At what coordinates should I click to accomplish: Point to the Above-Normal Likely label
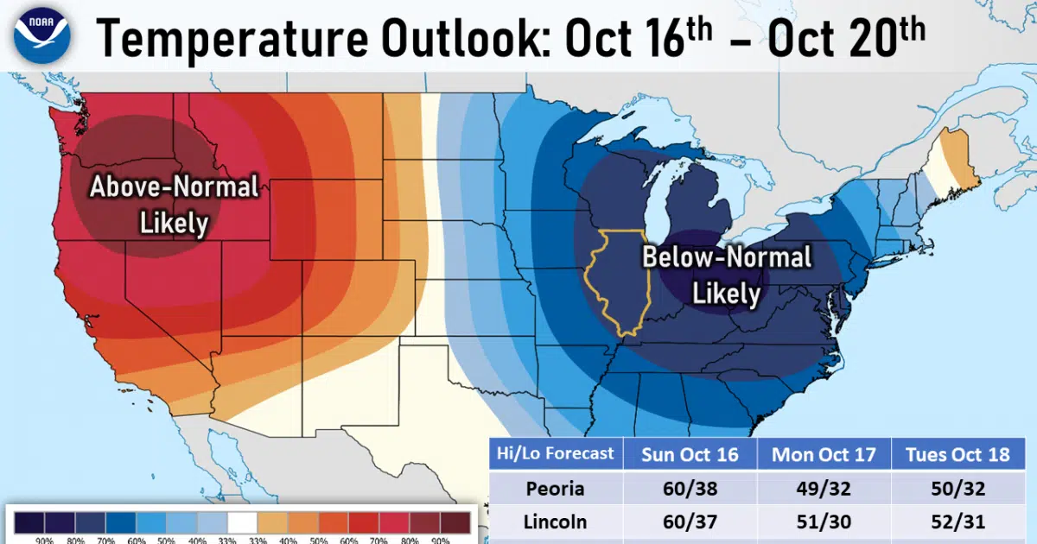(175, 204)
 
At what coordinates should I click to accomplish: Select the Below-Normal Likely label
(726, 275)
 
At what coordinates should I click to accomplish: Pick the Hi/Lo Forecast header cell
(554, 453)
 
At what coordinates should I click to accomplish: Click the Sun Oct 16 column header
(689, 454)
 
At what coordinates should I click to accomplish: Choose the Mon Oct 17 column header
(824, 454)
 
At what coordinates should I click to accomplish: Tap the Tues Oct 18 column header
(957, 454)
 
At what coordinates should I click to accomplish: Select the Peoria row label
(555, 489)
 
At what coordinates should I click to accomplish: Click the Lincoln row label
(555, 522)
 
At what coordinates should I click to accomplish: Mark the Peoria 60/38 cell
(689, 489)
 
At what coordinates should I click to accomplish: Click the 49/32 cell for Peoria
(824, 489)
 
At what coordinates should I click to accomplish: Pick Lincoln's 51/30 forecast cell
(824, 522)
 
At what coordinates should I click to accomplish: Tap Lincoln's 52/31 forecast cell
(957, 522)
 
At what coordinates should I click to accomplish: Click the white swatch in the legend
(242, 522)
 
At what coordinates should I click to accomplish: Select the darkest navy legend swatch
(29, 522)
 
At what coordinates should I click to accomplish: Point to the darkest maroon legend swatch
(455, 522)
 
